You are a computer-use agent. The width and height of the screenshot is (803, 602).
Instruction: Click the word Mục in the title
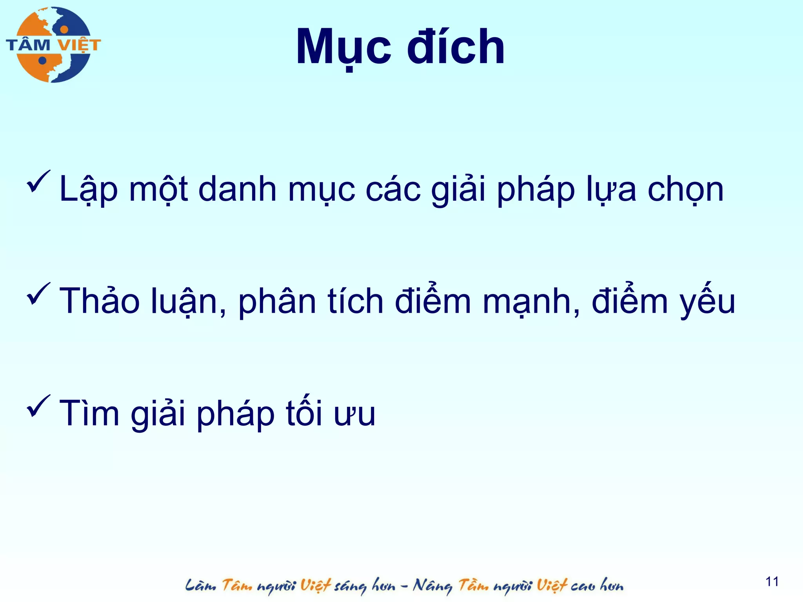point(343,47)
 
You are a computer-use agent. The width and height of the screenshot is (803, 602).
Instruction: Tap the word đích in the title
point(456,47)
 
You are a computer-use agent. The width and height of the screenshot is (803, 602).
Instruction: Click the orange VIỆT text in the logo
point(79,45)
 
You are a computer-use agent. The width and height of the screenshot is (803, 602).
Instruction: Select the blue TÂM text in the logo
point(28,45)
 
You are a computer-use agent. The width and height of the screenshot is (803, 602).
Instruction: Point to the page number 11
point(772,581)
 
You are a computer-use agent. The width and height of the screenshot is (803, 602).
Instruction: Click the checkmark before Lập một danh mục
point(38,182)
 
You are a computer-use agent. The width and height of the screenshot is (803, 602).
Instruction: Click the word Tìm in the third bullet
point(89,413)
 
